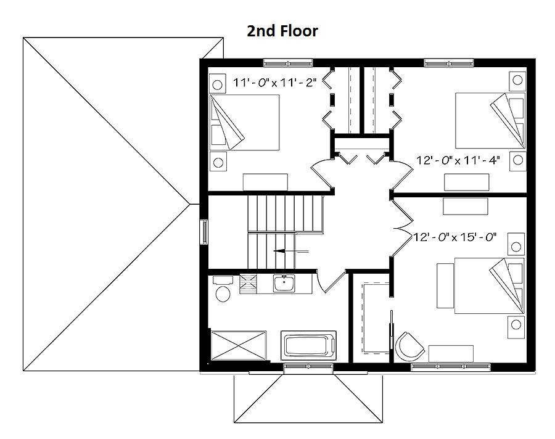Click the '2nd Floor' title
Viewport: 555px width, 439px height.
pos(282,31)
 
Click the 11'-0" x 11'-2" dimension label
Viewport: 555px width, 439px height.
pos(274,83)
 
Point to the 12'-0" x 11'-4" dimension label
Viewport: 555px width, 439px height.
pos(458,160)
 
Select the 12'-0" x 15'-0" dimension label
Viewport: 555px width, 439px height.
pos(455,237)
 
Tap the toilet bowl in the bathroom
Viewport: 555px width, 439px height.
pos(223,293)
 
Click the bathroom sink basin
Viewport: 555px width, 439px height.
pos(284,283)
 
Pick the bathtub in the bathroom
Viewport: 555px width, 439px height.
pos(308,345)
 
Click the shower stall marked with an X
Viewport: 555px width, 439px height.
pos(239,345)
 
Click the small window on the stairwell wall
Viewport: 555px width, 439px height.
pos(204,232)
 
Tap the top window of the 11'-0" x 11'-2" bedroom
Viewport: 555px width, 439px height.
pos(288,64)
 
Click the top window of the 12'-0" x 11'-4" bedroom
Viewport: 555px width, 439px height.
pos(449,64)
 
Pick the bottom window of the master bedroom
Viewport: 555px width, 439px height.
pos(451,367)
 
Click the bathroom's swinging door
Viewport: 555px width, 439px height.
pos(331,281)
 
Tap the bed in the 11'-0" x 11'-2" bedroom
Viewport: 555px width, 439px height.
pos(244,122)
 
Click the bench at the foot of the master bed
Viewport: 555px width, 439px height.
pos(446,285)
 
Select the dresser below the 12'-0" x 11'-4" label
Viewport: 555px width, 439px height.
pos(467,182)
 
